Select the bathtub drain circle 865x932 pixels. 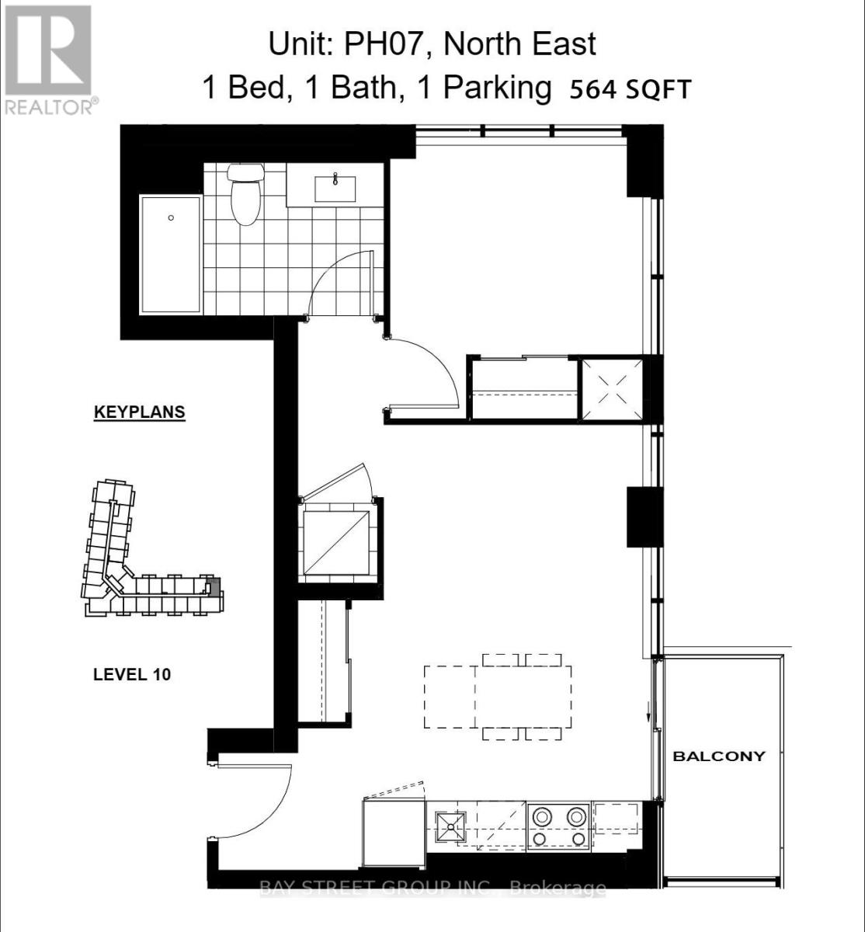[x=172, y=218]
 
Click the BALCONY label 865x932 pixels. [x=718, y=756]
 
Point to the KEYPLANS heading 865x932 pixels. [x=140, y=412]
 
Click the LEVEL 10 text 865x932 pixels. [x=132, y=674]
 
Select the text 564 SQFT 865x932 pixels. [x=630, y=90]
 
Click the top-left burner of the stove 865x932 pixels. [x=540, y=817]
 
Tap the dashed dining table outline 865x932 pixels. [x=498, y=697]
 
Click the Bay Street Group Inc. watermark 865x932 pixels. [x=432, y=888]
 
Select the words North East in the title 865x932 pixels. [x=519, y=44]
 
